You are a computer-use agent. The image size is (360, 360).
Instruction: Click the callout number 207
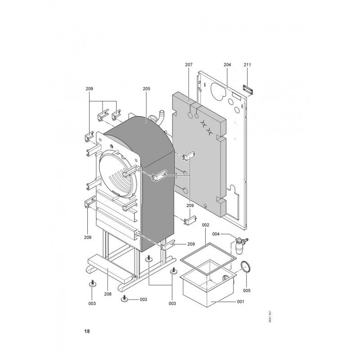(x=189, y=65)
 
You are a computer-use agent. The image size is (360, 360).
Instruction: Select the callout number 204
(x=227, y=65)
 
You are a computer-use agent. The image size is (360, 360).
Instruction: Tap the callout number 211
(x=247, y=65)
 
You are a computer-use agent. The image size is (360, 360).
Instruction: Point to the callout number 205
(x=147, y=89)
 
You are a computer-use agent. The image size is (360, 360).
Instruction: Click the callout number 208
(x=108, y=294)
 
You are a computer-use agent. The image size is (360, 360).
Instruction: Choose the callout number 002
(x=206, y=225)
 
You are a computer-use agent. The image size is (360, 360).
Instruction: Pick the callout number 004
(x=216, y=234)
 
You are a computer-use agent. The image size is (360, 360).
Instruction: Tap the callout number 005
(x=247, y=291)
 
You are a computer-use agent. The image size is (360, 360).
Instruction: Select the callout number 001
(x=240, y=301)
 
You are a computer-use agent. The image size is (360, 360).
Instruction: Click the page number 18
(x=87, y=331)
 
